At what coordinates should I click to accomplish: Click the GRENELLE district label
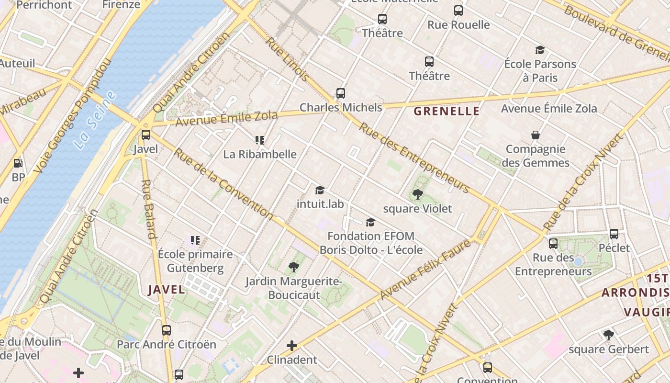[446, 111]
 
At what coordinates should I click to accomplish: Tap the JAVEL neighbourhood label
[166, 289]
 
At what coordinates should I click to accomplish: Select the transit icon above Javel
[146, 135]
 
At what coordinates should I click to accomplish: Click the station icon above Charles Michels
[341, 93]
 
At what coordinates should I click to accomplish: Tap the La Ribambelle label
[260, 154]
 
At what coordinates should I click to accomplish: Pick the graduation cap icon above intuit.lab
[320, 190]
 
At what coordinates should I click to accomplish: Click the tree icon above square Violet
[418, 194]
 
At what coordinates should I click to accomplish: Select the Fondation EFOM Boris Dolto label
[371, 243]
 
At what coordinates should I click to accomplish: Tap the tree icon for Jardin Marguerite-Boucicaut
[294, 267]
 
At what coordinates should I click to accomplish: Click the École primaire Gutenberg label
[195, 261]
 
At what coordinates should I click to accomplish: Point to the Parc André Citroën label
[167, 344]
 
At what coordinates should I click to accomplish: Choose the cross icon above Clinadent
[292, 345]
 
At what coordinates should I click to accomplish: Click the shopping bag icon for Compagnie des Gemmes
[536, 135]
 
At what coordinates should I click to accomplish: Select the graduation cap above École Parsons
[540, 50]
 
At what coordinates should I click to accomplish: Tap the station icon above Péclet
[614, 234]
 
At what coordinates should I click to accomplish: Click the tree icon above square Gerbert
[609, 335]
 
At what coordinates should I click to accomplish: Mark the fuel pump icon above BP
[18, 163]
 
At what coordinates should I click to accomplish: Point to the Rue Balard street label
[149, 209]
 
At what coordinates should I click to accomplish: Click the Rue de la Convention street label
[223, 184]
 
